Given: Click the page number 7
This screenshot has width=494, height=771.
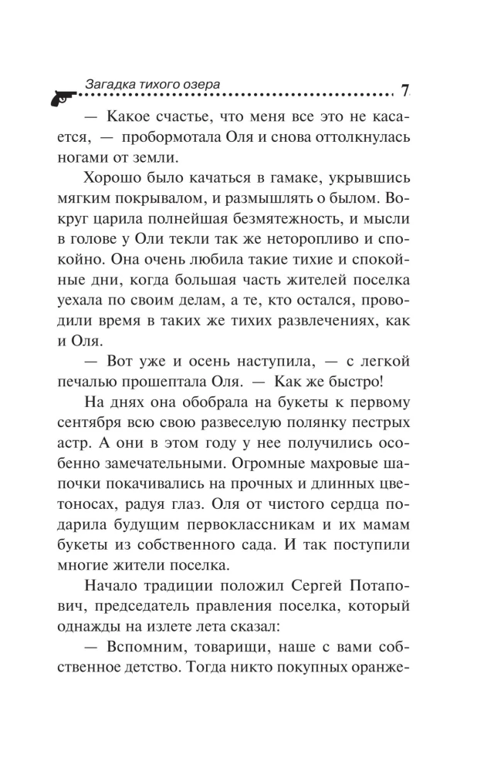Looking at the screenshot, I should (x=405, y=91).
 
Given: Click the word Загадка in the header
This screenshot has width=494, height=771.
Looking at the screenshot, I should (x=105, y=81).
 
